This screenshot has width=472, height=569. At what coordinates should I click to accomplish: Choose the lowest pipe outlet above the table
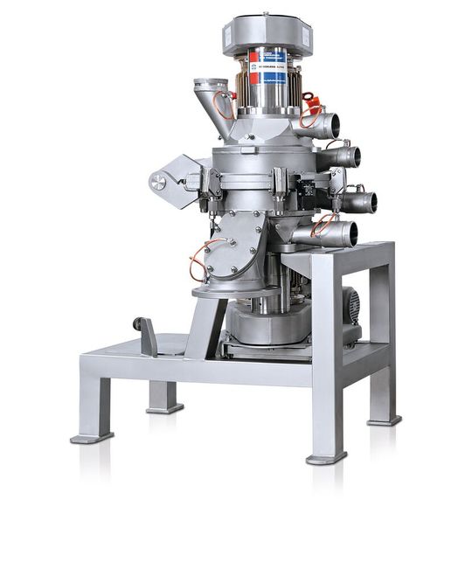point(345,233)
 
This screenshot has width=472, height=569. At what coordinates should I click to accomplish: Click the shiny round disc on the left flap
point(157,181)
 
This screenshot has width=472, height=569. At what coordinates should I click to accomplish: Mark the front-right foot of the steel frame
point(326,455)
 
